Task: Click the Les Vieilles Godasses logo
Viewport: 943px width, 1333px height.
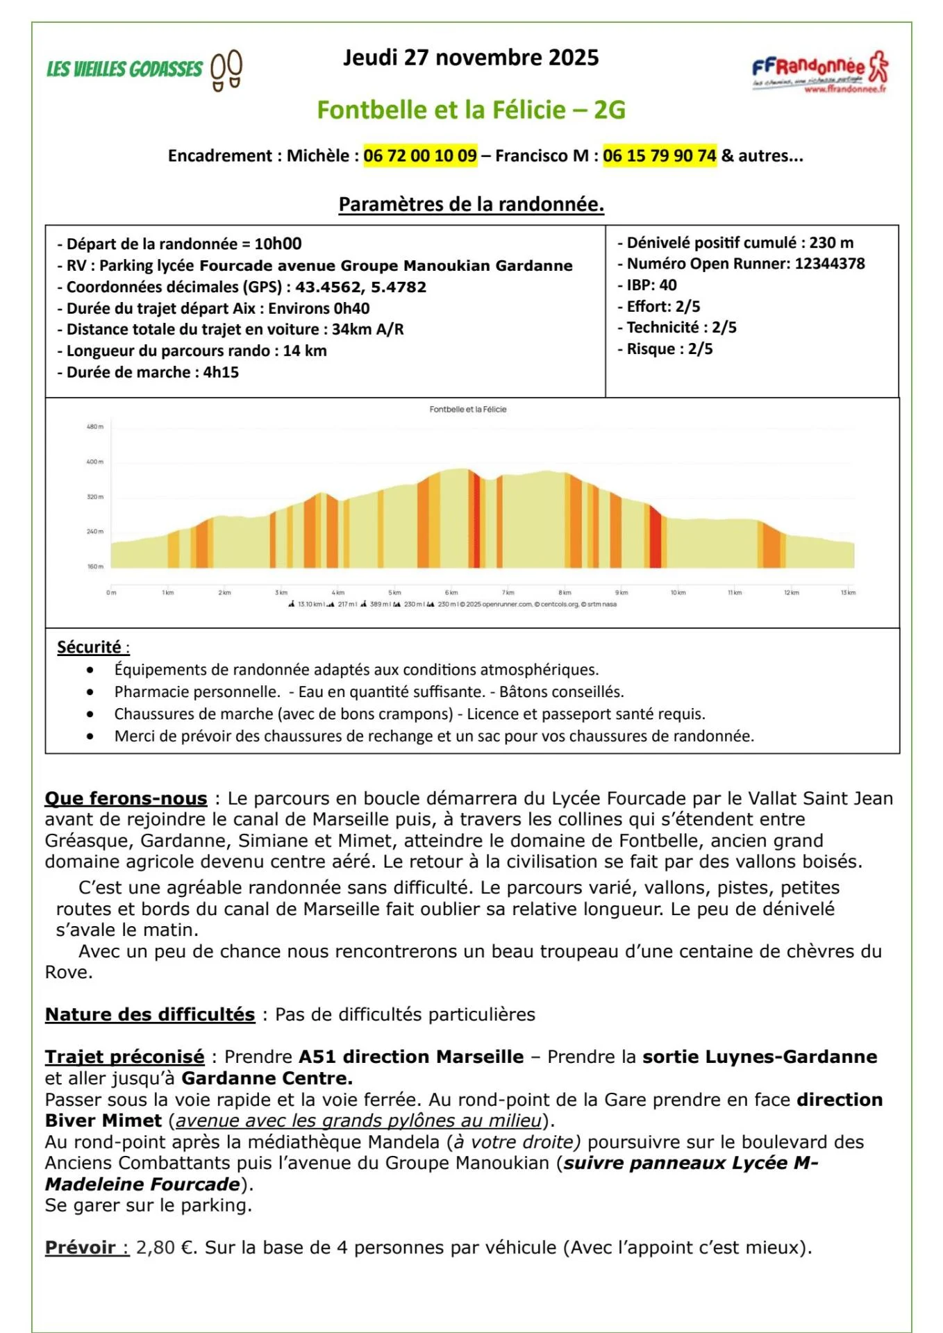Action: [x=144, y=69]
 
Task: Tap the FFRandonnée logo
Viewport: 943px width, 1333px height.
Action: [x=819, y=72]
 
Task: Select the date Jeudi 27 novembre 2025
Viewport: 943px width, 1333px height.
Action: [x=471, y=58]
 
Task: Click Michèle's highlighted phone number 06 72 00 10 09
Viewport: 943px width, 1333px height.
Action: [x=420, y=156]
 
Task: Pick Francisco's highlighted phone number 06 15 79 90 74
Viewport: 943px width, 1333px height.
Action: [x=659, y=156]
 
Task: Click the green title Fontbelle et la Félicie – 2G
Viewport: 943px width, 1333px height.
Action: [x=471, y=110]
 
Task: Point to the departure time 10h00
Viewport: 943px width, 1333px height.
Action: [x=278, y=244]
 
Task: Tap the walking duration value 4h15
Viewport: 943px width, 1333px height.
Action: [x=221, y=372]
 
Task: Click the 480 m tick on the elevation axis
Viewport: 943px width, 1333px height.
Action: [x=95, y=426]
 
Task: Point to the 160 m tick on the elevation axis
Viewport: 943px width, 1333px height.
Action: [x=95, y=567]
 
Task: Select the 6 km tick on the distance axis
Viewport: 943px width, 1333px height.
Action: [x=451, y=593]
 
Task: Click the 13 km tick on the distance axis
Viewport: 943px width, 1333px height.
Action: [x=848, y=593]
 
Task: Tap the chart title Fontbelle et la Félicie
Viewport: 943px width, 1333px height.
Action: [x=468, y=410]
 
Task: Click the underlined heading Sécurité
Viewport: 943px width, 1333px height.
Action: [x=90, y=647]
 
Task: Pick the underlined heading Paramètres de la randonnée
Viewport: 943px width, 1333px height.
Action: [x=471, y=204]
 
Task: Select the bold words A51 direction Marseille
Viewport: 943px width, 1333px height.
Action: [x=411, y=1057]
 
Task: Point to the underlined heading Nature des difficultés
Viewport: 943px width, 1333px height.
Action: [x=150, y=1014]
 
